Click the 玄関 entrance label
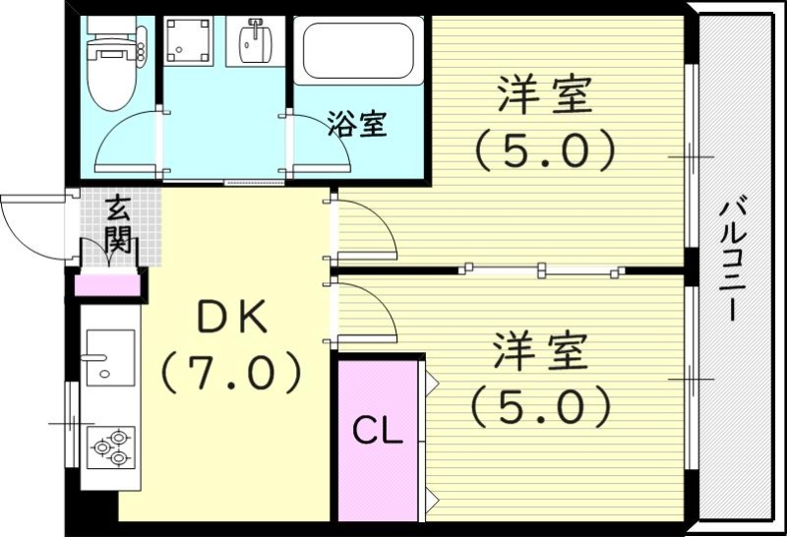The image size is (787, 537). [118, 225]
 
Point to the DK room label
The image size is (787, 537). [231, 318]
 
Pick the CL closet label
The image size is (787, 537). [378, 432]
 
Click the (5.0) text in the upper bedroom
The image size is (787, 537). [544, 150]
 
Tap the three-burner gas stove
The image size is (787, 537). [109, 447]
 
